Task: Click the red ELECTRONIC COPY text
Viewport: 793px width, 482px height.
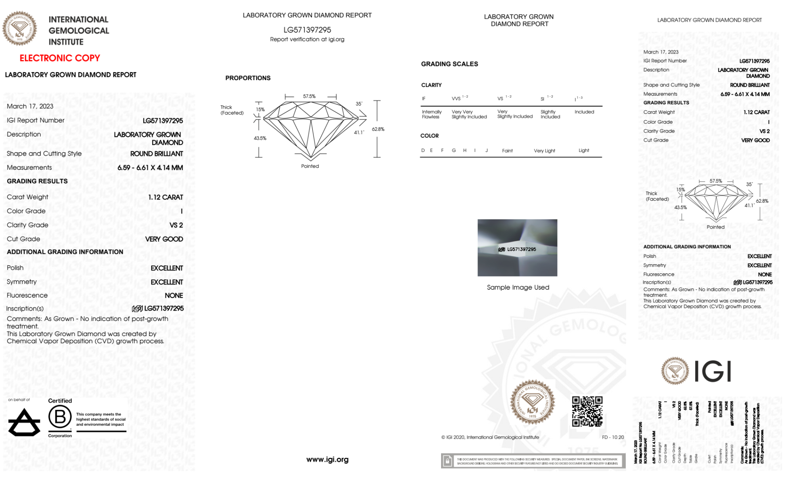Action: coord(60,58)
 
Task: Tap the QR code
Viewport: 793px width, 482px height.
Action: coord(587,411)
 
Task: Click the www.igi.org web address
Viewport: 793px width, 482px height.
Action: coord(327,459)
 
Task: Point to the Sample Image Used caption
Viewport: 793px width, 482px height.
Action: coord(518,287)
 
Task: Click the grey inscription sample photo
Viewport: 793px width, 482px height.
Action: coord(517,248)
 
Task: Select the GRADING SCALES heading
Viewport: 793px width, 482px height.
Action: coord(449,64)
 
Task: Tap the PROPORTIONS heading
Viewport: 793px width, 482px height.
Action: coord(248,78)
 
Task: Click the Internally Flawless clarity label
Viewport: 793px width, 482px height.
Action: coord(432,114)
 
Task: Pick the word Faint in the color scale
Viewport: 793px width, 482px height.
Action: coord(507,151)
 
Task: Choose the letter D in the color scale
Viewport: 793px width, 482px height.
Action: coord(423,150)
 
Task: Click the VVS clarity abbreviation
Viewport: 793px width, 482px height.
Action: coord(456,98)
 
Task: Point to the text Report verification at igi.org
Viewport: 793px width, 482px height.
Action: coord(307,39)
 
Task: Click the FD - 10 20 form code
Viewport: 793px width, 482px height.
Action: coord(613,437)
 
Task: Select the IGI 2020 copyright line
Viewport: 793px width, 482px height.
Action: coord(490,437)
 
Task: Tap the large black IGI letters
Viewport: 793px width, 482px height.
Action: coord(713,372)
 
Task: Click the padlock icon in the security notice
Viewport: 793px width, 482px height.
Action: coord(447,461)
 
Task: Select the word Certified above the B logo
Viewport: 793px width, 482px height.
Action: coord(60,401)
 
